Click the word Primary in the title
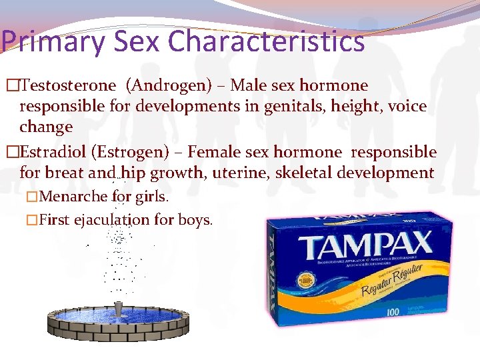53,41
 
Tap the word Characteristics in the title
267,41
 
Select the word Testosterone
69,85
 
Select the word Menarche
74,197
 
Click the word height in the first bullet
331,106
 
